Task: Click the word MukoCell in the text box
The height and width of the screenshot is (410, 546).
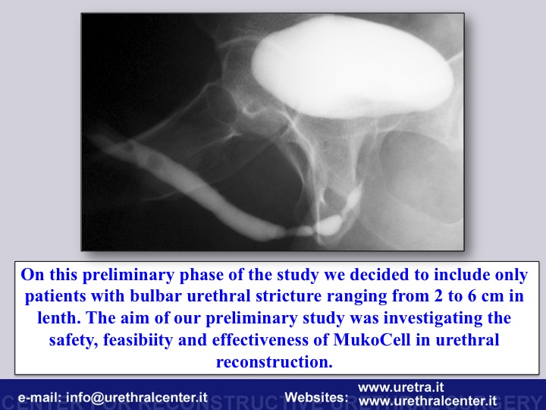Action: pyautogui.click(x=372, y=339)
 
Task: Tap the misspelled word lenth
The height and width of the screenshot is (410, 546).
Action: pyautogui.click(x=59, y=317)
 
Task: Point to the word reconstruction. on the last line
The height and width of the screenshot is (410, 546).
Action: pyautogui.click(x=275, y=361)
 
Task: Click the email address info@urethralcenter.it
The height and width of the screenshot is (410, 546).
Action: pyautogui.click(x=136, y=397)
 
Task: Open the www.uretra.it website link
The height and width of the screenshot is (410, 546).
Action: pyautogui.click(x=401, y=387)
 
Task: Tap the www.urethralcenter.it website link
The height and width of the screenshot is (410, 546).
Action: pyautogui.click(x=428, y=401)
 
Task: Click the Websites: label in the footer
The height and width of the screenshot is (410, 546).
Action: pyautogui.click(x=316, y=397)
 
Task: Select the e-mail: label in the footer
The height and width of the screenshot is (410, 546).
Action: pyautogui.click(x=40, y=397)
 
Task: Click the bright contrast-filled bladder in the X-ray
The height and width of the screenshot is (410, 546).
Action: pyautogui.click(x=352, y=66)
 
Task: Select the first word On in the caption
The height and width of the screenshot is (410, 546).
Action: pyautogui.click(x=33, y=274)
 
